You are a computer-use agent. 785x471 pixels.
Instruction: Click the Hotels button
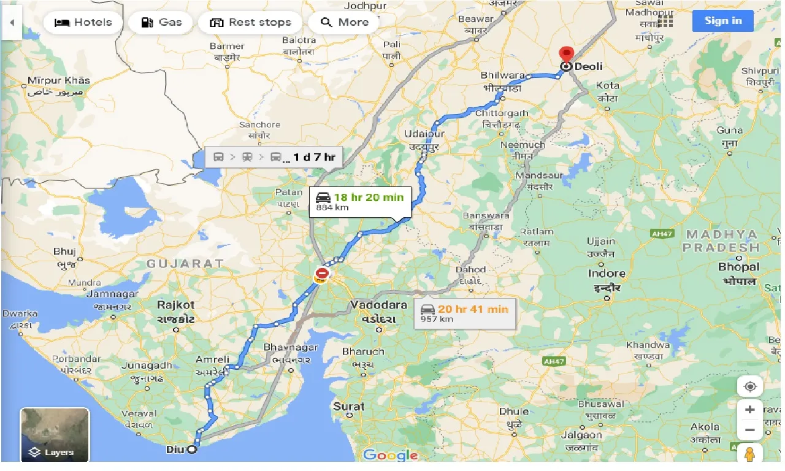tap(83, 23)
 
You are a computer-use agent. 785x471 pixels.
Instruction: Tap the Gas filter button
tap(161, 23)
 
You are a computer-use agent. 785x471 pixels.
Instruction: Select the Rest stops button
tap(250, 23)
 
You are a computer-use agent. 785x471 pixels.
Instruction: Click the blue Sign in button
tap(722, 21)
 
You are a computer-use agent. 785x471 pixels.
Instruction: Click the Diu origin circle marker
tap(191, 450)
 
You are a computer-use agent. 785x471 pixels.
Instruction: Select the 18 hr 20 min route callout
tap(360, 201)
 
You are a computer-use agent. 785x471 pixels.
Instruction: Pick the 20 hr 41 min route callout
tap(464, 313)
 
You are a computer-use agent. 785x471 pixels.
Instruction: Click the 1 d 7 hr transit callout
tap(274, 157)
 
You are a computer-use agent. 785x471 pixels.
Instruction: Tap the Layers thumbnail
tap(55, 434)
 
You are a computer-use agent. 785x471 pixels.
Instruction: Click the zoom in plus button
tap(749, 410)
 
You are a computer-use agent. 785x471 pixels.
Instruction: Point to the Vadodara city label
tap(378, 305)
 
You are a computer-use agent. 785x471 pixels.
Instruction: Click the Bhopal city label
tap(738, 267)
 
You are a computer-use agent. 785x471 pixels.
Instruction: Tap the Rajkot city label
tap(175, 305)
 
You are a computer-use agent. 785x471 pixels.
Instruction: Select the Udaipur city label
tap(424, 134)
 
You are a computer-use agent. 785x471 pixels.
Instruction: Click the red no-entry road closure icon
tap(322, 272)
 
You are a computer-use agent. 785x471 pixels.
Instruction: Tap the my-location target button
tap(749, 386)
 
